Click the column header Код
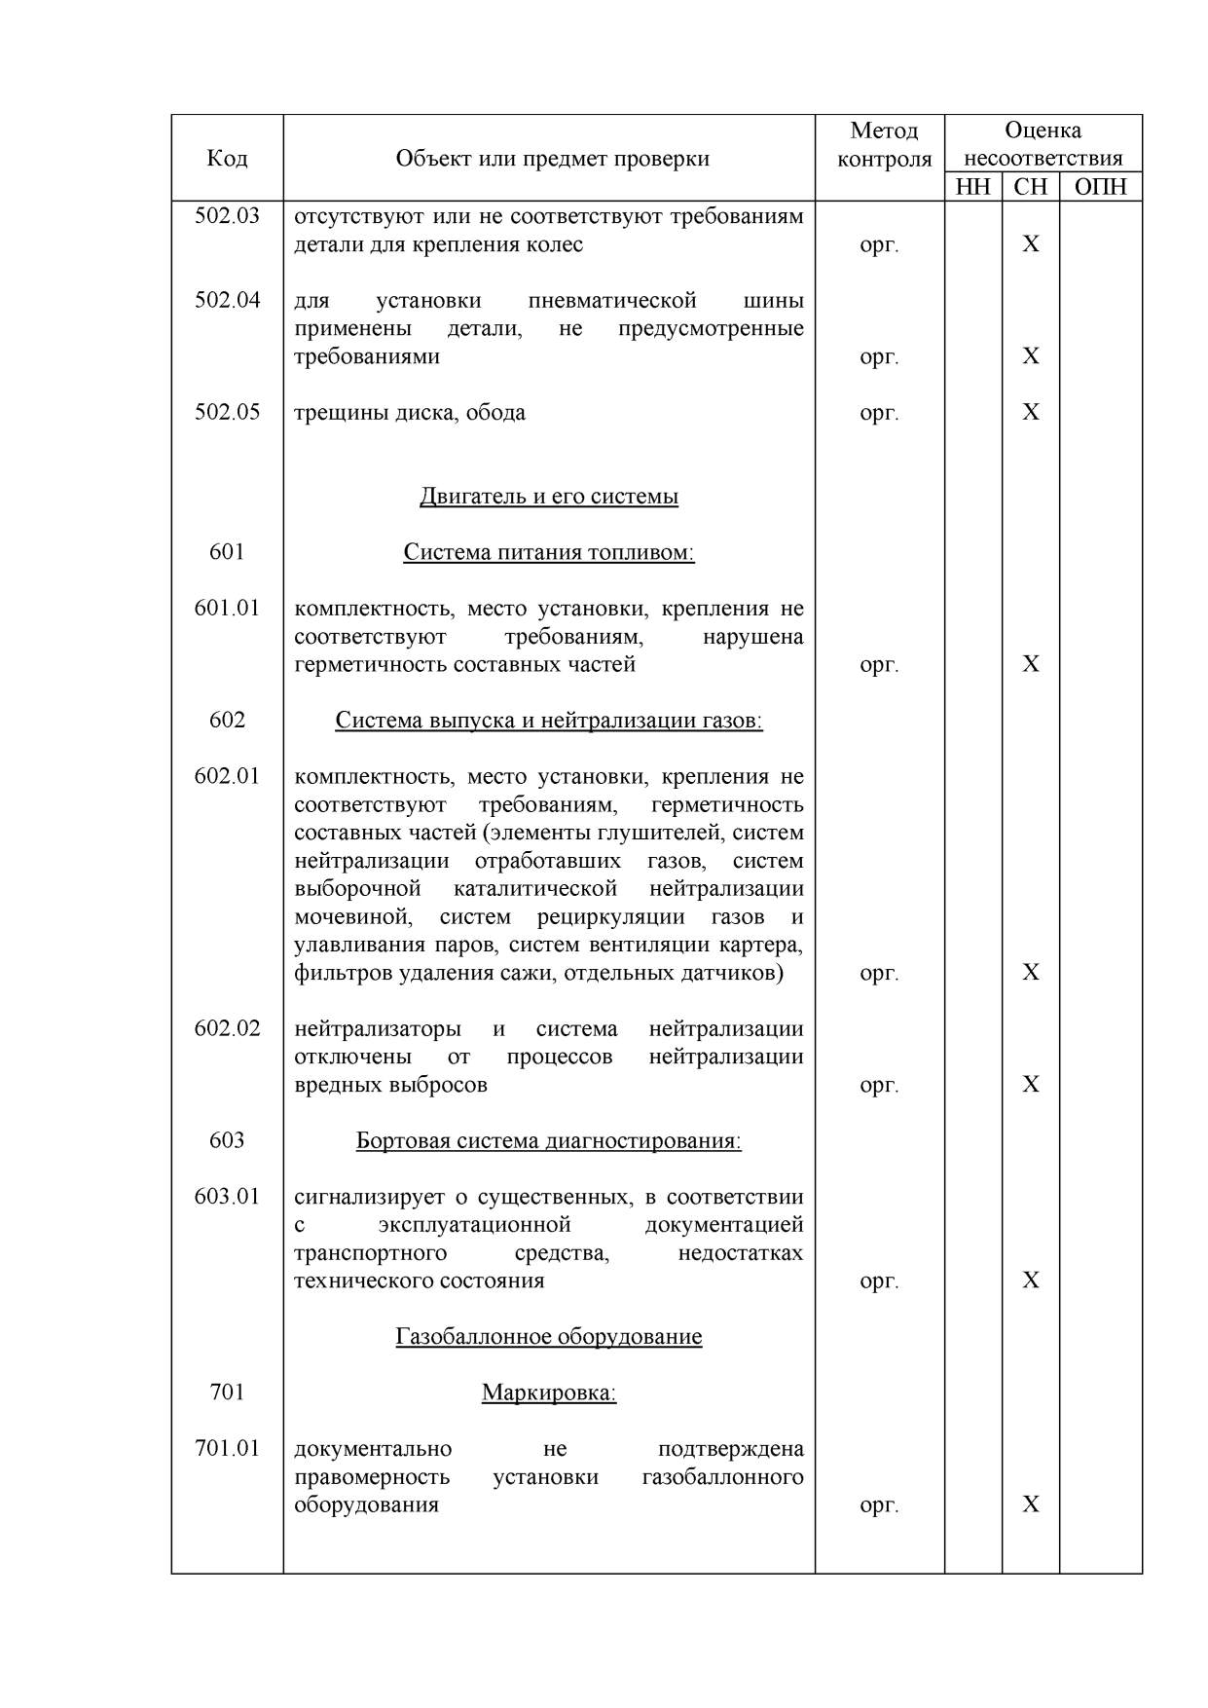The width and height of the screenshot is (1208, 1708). (227, 159)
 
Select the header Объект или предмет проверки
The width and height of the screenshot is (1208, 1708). (552, 159)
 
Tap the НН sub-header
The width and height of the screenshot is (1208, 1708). (972, 187)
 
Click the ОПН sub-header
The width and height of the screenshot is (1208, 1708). (1100, 187)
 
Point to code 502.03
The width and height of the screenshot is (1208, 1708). (227, 216)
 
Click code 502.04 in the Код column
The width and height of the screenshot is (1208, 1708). (227, 300)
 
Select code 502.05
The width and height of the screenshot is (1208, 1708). (227, 412)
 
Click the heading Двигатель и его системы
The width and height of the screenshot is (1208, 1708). (549, 497)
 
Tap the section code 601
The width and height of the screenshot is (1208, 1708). (227, 552)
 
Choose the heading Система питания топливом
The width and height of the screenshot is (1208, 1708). (549, 553)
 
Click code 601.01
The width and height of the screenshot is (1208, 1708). (227, 609)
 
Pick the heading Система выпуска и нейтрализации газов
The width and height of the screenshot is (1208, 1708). (549, 721)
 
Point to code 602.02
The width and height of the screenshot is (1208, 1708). (227, 1028)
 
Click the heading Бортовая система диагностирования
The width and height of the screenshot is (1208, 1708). (549, 1141)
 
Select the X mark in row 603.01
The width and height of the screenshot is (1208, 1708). (1031, 1281)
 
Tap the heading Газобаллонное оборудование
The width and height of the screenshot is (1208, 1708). (549, 1337)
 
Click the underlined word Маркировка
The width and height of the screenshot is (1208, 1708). (549, 1393)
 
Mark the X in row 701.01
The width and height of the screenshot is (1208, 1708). (1031, 1504)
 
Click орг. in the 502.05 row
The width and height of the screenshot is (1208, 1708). (879, 413)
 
